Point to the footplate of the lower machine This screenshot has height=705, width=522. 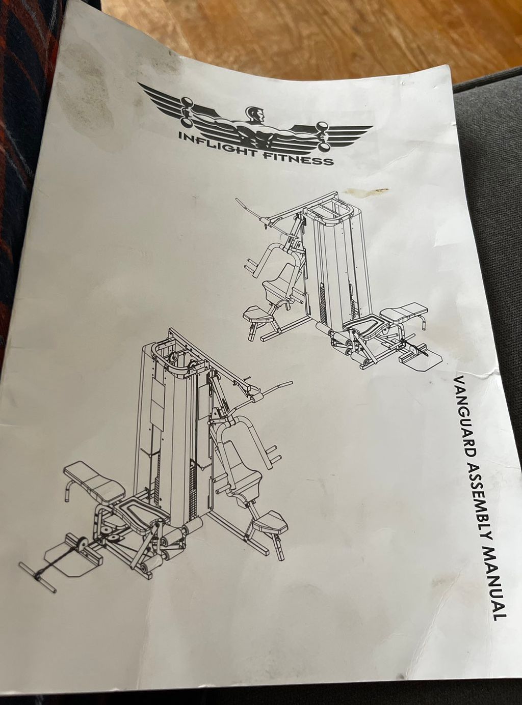(72, 557)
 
